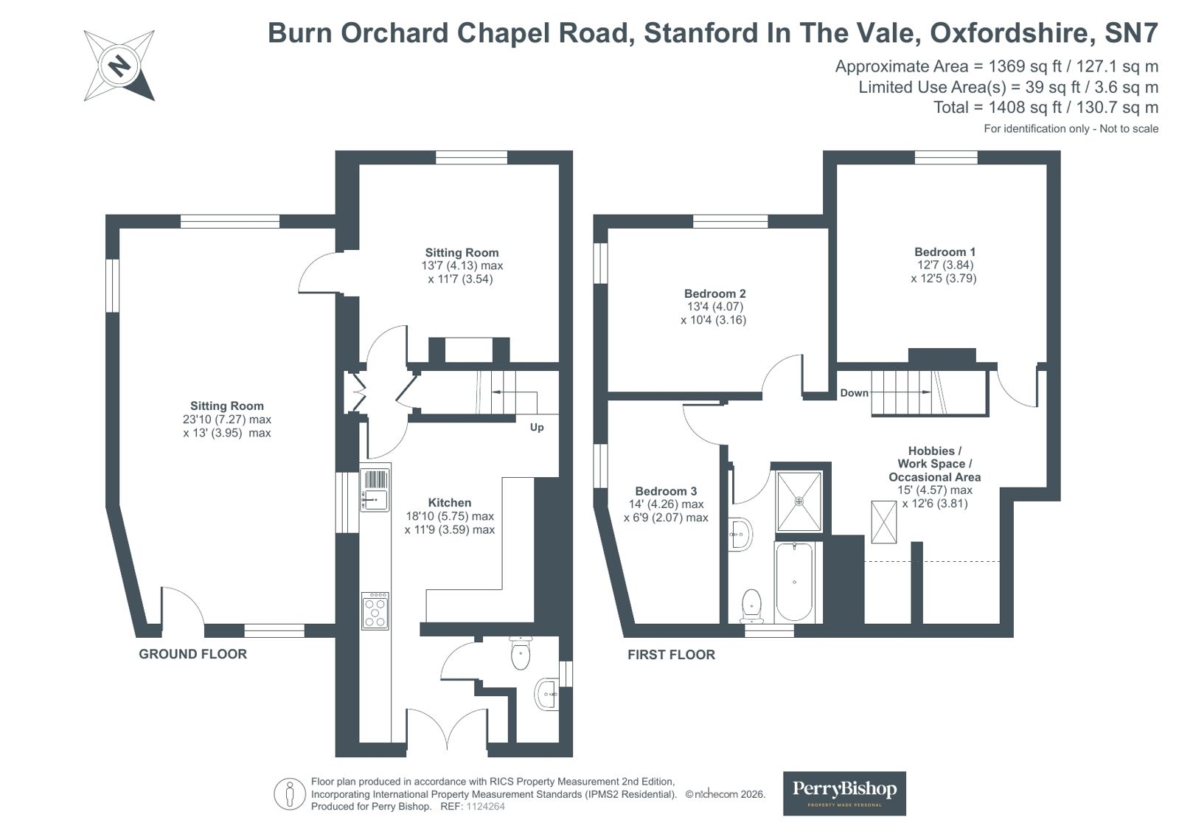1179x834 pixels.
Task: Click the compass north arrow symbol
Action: (x=119, y=66)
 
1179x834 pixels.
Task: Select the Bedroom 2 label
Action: (x=714, y=293)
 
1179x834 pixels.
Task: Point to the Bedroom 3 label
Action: (x=665, y=490)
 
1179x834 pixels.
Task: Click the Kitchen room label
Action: (x=449, y=502)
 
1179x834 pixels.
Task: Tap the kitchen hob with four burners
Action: (x=375, y=611)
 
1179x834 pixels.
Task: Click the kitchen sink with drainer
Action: (x=375, y=490)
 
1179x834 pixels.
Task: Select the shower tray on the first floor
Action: (x=799, y=501)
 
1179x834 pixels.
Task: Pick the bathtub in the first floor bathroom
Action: (x=793, y=582)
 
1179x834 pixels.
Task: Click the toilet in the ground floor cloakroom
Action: (x=521, y=653)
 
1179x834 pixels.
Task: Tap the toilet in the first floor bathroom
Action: (x=751, y=605)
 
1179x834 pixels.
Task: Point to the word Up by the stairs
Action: (x=536, y=427)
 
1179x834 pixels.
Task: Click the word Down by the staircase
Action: (x=854, y=393)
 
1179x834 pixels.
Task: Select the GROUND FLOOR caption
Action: (x=192, y=654)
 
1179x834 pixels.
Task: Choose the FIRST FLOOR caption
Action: (x=671, y=655)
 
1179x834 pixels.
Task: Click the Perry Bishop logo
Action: (x=844, y=793)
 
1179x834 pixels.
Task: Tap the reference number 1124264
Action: (x=485, y=807)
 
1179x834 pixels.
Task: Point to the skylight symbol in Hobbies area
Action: (x=884, y=522)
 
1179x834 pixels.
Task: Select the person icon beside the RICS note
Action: (x=289, y=794)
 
